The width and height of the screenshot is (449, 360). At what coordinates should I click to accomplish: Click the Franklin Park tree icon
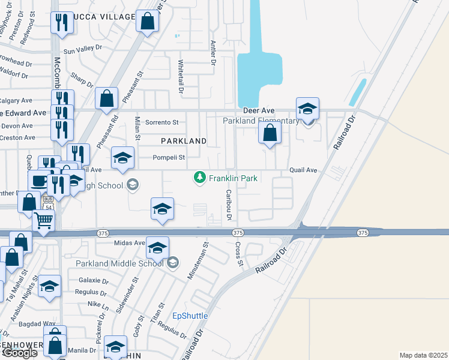tap(199, 178)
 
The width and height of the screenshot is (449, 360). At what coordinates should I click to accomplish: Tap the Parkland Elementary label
tap(261, 121)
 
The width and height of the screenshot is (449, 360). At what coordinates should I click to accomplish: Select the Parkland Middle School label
tap(119, 263)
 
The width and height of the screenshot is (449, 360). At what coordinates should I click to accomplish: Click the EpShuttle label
tap(190, 316)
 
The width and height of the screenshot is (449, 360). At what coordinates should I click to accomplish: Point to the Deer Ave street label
tap(259, 110)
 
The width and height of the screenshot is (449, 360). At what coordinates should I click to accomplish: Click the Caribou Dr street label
tap(229, 204)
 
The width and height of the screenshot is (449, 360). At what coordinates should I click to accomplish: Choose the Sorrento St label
tap(162, 122)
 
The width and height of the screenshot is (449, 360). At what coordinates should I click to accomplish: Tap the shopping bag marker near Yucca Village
tap(148, 22)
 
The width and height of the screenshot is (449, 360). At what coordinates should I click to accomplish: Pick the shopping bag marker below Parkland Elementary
tap(270, 132)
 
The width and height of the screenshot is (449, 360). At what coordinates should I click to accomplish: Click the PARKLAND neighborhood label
tap(184, 141)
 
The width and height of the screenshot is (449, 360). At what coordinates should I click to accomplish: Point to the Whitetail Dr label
tap(181, 76)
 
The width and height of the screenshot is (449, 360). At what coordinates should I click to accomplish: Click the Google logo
tap(20, 353)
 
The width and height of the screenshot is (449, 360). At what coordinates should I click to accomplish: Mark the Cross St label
tap(238, 255)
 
